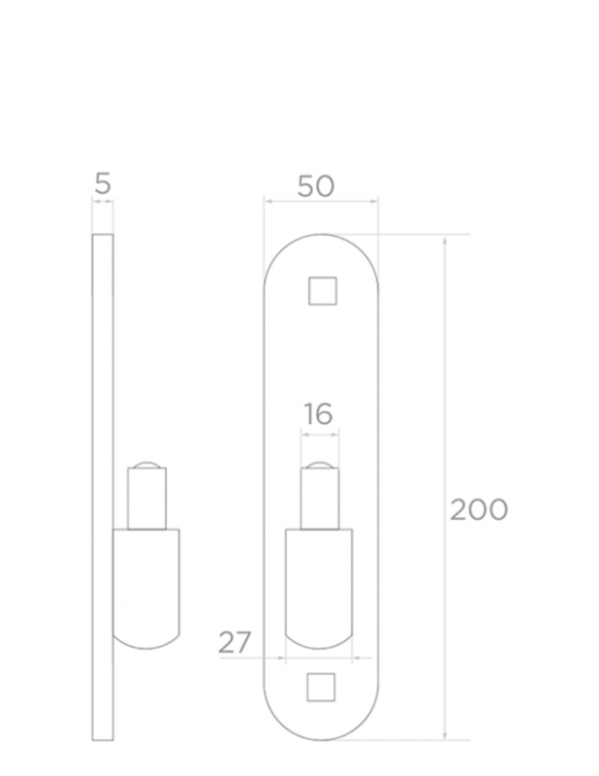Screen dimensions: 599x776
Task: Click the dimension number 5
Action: tap(103, 183)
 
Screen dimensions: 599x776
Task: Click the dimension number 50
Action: tap(316, 186)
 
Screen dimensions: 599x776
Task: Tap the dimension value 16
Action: tap(318, 414)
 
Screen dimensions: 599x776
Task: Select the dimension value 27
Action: tap(235, 642)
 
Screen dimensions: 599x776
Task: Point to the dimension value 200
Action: tap(478, 510)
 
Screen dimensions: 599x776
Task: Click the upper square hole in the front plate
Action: tap(323, 291)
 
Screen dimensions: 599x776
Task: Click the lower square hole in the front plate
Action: tap(321, 688)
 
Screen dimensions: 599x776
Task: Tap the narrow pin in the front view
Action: tap(320, 499)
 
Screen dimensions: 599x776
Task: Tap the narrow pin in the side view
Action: tap(147, 499)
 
